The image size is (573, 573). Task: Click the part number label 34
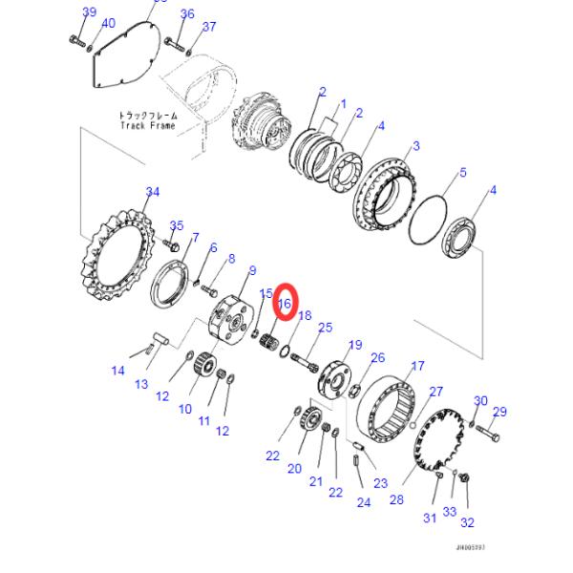[x=152, y=192]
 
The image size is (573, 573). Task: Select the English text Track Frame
[x=148, y=125]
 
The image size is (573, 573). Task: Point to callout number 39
[x=90, y=11]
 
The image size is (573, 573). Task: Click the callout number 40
[x=108, y=23]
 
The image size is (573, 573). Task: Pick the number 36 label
[x=187, y=14]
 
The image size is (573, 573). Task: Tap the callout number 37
[x=209, y=26]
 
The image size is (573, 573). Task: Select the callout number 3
[x=415, y=145]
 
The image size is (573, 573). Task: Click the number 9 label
[x=252, y=270]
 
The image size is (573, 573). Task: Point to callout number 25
[x=325, y=328]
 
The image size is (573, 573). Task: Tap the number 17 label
[x=417, y=366]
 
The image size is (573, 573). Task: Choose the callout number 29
[x=499, y=412]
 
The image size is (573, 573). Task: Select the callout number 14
[x=118, y=371]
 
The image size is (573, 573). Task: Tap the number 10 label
[x=185, y=409]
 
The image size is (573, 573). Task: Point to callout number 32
[x=467, y=521]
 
